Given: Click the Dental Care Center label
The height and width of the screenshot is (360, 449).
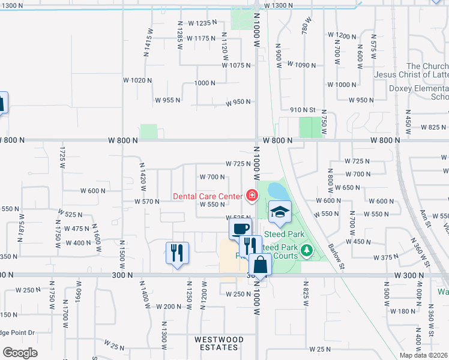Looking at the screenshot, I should tap(207, 196).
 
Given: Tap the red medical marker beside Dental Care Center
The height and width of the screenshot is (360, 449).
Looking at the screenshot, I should tap(251, 195).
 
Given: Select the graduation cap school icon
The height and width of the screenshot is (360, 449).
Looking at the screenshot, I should tap(279, 211).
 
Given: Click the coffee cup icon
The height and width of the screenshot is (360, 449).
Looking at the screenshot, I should tap(240, 229).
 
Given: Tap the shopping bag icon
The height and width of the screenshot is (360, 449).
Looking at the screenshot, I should tap(261, 265).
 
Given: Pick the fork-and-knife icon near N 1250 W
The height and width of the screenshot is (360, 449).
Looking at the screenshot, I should tap(177, 253).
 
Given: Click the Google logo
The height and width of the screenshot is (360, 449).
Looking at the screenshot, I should tap(20, 352).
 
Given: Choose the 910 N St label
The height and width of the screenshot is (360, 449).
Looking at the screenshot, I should tap(303, 110).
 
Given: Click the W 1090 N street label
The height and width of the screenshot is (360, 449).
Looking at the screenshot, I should tap(302, 64).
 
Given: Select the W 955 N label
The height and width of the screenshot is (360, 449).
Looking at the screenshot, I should tap(167, 100).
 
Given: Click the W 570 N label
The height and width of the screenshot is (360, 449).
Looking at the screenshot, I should tap(147, 202).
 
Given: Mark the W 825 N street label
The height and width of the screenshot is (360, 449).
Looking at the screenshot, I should tap(433, 127).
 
